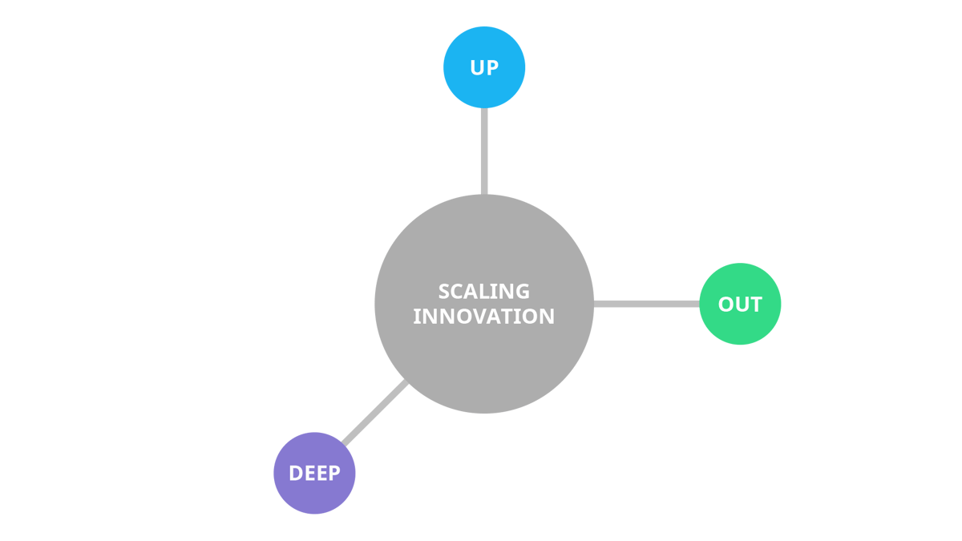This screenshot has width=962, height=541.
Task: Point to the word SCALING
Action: coord(484,291)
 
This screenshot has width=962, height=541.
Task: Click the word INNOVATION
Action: coord(484,317)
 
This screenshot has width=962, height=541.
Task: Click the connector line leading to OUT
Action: coord(646,304)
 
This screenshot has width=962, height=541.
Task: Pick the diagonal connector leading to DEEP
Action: coord(375,414)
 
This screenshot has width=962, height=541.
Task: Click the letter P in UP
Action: coord(492,68)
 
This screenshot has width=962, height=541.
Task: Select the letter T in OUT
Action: coord(755,305)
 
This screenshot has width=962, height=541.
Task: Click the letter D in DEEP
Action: coord(295,474)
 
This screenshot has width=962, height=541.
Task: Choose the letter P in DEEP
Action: coord(333,474)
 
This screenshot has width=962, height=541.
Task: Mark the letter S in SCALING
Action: coord(444,291)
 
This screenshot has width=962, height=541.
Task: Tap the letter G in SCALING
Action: coord(523,291)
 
